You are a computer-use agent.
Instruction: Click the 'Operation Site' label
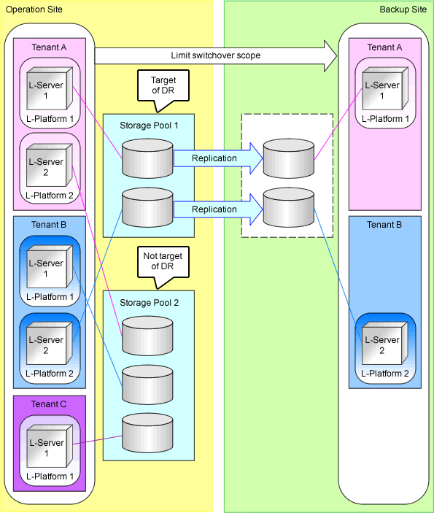click(x=34, y=9)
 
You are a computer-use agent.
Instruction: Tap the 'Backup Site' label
click(x=403, y=9)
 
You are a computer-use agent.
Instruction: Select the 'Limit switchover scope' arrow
click(x=216, y=55)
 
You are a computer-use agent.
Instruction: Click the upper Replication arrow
click(x=218, y=158)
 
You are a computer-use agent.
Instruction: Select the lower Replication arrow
click(x=218, y=209)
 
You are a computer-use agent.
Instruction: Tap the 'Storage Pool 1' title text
click(x=149, y=126)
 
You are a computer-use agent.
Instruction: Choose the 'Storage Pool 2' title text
click(x=149, y=303)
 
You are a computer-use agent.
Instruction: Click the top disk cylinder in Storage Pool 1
click(x=147, y=158)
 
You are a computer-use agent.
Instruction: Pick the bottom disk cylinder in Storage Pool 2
click(x=147, y=433)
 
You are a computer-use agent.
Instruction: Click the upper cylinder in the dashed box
click(x=289, y=158)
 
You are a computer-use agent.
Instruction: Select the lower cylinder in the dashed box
click(x=289, y=207)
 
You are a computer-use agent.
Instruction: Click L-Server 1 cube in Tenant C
click(x=50, y=446)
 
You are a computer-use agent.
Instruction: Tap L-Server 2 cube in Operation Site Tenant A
click(x=50, y=165)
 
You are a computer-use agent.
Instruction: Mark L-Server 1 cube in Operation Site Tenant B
click(x=50, y=266)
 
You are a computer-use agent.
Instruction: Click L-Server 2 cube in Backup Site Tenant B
click(x=385, y=343)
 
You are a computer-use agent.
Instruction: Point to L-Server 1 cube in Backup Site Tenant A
click(x=385, y=88)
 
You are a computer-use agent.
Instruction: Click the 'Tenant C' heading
click(x=49, y=404)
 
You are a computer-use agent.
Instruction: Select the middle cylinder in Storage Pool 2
click(x=147, y=385)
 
